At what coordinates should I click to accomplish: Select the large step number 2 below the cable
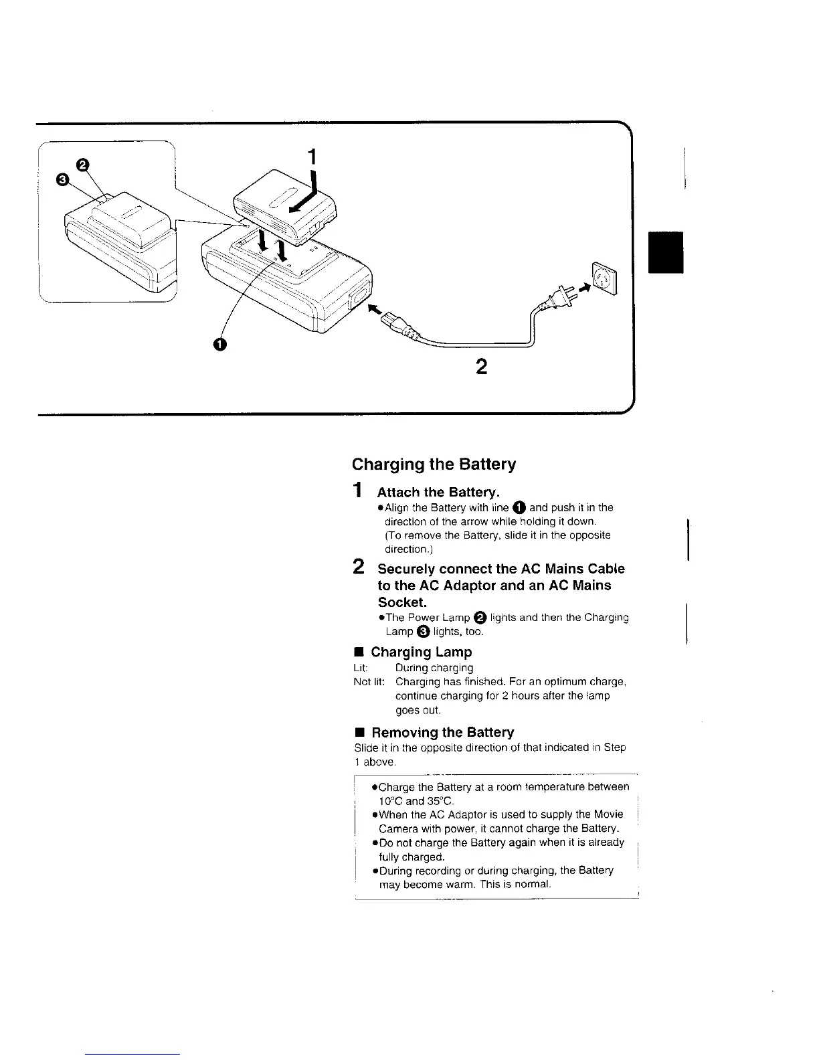pos(480,367)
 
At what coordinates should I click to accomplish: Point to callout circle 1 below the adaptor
pos(218,344)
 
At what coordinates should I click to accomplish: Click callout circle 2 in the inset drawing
pos(82,164)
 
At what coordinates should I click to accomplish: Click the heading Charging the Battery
pos(434,464)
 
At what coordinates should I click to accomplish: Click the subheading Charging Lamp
pos(421,652)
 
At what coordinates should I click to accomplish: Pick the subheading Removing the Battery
pos(442,732)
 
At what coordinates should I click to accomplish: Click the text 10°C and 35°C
pos(416,801)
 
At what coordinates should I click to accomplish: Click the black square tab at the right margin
pos(666,252)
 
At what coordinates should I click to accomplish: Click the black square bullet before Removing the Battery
pos(358,733)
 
